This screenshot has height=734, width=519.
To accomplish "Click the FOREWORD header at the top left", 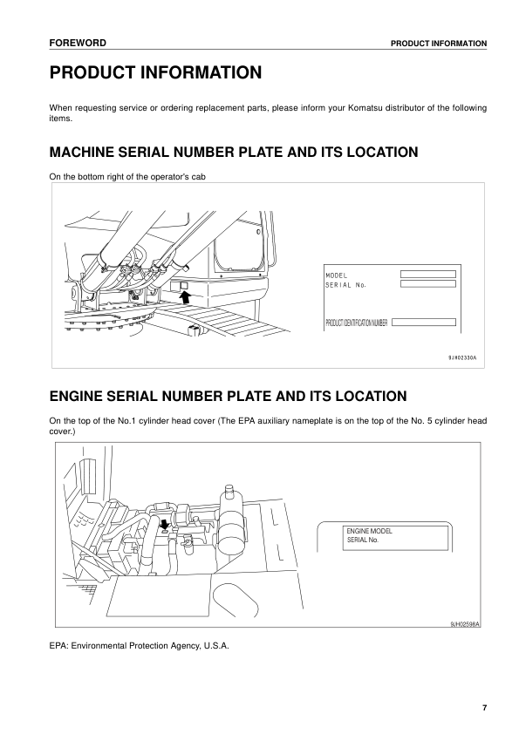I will click(78, 43).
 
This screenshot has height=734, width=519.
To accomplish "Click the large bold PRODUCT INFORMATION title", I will click(155, 73).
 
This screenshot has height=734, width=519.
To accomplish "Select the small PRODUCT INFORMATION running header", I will click(438, 44).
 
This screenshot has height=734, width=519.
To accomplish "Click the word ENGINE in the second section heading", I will click(80, 396).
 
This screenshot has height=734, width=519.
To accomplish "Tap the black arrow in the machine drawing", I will click(183, 298).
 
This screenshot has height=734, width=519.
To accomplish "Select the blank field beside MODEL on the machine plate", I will click(427, 274).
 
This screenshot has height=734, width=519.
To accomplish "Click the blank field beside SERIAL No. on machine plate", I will click(427, 283).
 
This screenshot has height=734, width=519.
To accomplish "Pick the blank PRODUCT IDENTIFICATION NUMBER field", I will click(424, 323).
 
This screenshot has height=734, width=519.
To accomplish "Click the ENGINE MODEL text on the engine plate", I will click(368, 531).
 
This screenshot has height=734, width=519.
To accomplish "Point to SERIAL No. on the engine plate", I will click(363, 540).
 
